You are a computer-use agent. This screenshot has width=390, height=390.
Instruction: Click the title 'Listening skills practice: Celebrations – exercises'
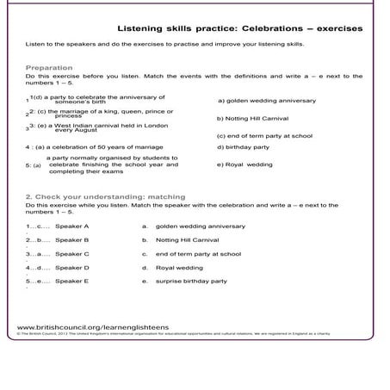[239, 28]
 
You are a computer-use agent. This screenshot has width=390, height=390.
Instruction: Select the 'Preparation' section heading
[49, 67]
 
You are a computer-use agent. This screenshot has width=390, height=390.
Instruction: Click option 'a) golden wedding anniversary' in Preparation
[267, 101]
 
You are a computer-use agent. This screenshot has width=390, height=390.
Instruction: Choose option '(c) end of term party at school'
[263, 135]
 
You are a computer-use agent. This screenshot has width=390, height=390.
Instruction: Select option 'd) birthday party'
[243, 147]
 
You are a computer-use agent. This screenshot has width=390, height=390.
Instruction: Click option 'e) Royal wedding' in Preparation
[245, 164]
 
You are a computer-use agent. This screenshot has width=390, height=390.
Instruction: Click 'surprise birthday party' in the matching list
[191, 281]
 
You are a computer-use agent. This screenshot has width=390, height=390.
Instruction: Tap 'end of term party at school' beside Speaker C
[198, 254]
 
